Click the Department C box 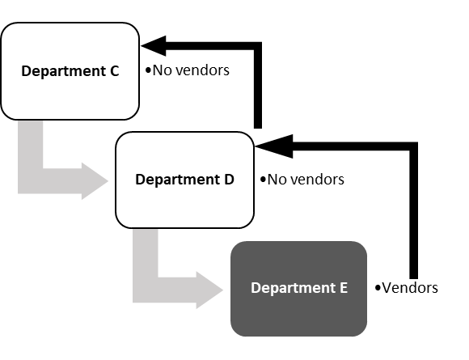tap(70, 71)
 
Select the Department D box tap(184, 180)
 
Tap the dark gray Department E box tap(298, 288)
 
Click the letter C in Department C tap(114, 71)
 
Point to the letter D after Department tap(229, 180)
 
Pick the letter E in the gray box tap(343, 288)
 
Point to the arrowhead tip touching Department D tap(110, 180)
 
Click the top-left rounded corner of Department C tap(7, 29)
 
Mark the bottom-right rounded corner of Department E tap(363, 332)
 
